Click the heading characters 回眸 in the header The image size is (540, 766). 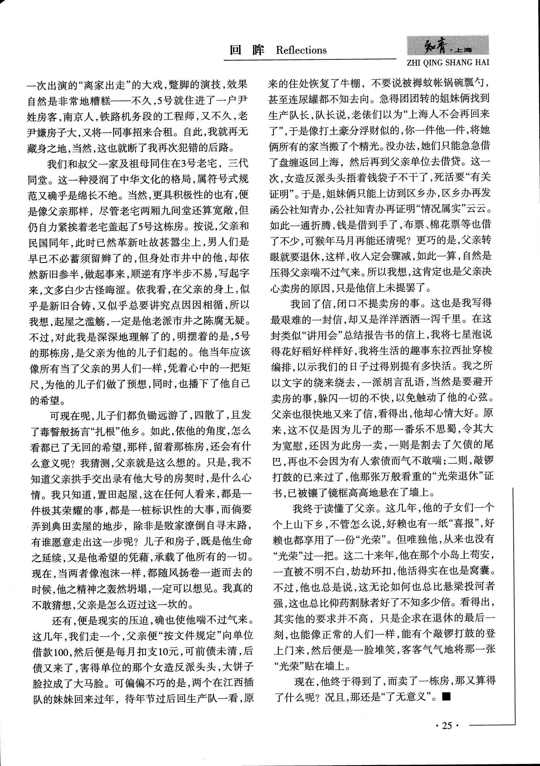click(x=247, y=50)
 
